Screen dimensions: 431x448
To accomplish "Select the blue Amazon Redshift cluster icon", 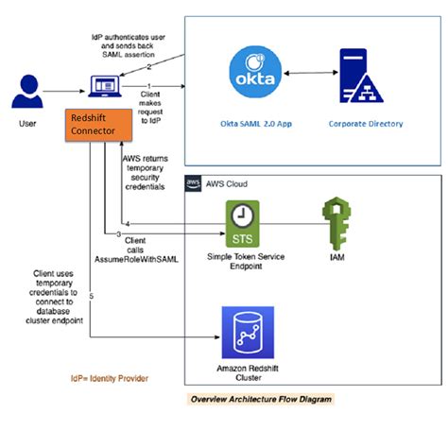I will pos(242,328).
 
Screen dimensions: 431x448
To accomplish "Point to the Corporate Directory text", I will pos(365,123).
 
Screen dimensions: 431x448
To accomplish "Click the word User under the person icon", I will pos(26,122).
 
